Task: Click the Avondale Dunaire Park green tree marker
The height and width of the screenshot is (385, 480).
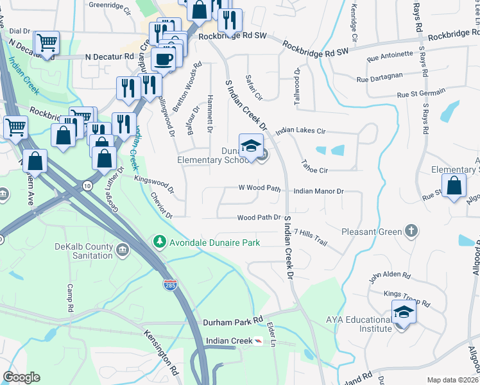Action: tap(159, 242)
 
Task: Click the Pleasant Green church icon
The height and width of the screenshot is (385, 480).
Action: tap(411, 230)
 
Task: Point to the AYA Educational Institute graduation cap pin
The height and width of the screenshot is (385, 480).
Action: tap(404, 312)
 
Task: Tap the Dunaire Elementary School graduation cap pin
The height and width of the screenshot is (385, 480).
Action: tap(251, 145)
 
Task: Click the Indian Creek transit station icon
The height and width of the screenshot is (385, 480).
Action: tap(258, 341)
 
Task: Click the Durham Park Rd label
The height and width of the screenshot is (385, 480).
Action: tap(234, 321)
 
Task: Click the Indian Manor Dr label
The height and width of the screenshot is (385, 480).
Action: tap(319, 191)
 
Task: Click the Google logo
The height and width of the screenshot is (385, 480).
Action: tap(21, 377)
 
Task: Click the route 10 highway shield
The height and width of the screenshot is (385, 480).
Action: tap(87, 185)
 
